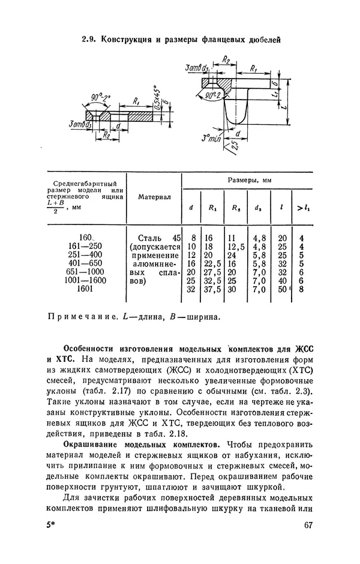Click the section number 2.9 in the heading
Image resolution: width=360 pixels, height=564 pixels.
pos(90,40)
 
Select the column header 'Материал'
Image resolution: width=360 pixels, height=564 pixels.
pos(154,196)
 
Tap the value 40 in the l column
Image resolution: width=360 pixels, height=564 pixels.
pos(281,280)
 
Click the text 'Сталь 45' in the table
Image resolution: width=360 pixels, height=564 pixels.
pos(159,238)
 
